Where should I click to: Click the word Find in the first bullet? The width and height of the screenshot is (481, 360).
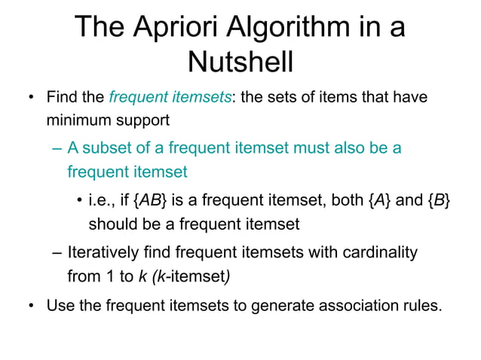pyautogui.click(x=61, y=97)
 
